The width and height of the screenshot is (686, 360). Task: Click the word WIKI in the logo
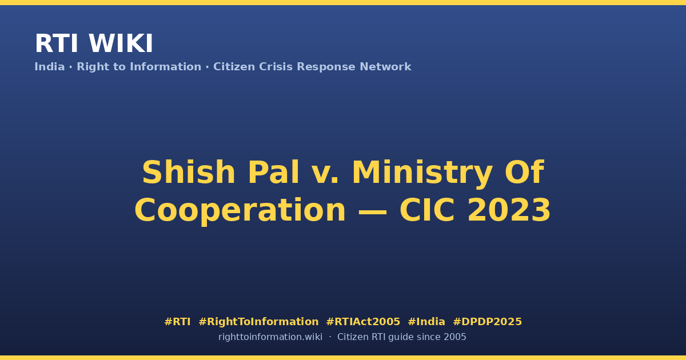(121, 43)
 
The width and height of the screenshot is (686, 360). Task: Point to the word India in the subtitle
(50, 67)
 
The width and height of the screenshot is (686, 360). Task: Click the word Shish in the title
(189, 172)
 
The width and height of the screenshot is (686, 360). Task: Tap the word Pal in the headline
(273, 172)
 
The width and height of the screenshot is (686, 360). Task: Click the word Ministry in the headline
(422, 174)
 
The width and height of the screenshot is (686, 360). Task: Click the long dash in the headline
(372, 211)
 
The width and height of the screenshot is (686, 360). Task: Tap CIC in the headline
(427, 210)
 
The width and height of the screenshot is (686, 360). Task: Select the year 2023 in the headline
(509, 210)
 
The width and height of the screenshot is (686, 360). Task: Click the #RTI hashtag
(177, 322)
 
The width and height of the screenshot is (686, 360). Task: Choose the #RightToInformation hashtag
(258, 322)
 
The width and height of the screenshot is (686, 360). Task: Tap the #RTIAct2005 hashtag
(363, 322)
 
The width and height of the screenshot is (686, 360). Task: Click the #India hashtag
(426, 322)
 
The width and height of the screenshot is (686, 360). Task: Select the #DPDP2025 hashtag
(487, 322)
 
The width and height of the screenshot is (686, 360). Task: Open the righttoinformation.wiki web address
(270, 337)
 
